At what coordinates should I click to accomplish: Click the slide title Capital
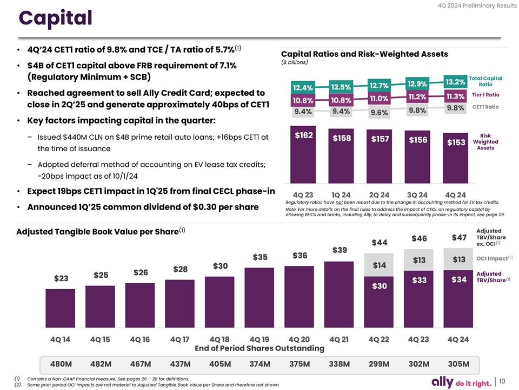(x=56, y=18)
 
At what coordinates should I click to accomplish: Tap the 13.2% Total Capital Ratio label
(x=455, y=82)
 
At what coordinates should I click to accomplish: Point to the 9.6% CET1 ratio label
(x=378, y=113)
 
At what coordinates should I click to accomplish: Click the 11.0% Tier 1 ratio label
(x=379, y=98)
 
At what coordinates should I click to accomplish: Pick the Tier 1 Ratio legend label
(x=485, y=95)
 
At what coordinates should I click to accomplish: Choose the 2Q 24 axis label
(x=379, y=194)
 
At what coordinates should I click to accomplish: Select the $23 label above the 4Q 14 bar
(x=61, y=278)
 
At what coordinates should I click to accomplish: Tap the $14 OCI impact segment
(x=379, y=265)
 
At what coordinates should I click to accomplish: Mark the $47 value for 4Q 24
(x=458, y=237)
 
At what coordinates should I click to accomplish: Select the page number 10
(x=502, y=381)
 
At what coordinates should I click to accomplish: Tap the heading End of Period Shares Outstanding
(x=259, y=348)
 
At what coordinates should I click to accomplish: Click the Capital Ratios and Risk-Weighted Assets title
(x=364, y=54)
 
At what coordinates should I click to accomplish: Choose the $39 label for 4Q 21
(x=339, y=250)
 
